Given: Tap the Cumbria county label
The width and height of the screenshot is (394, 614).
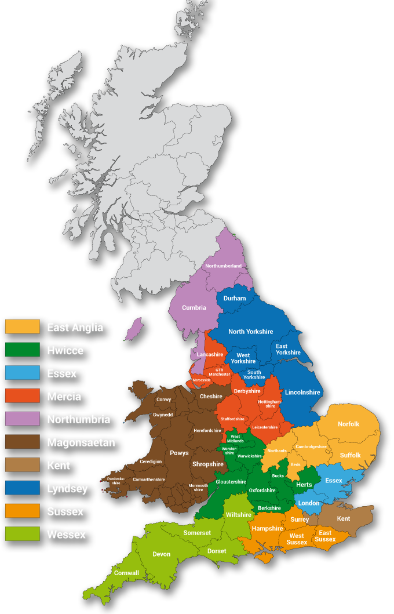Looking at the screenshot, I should click(x=194, y=308).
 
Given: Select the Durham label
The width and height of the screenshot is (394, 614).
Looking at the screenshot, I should click(x=235, y=298).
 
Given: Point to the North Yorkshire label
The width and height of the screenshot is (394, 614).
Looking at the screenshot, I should click(x=250, y=332).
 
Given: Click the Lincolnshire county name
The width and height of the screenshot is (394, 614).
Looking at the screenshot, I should click(x=302, y=393).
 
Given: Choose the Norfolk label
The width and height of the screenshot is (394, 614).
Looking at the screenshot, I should click(x=348, y=424).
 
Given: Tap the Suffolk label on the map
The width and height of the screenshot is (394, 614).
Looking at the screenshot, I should click(x=351, y=455).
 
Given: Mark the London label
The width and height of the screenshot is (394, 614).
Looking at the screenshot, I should click(x=309, y=503).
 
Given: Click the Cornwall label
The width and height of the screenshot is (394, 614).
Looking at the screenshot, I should click(x=126, y=573).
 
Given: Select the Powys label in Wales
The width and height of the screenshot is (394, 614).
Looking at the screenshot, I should click(x=179, y=453).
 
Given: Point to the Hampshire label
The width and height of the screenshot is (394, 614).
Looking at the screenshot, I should click(x=267, y=528).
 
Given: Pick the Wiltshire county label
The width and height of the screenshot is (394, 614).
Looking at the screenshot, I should click(x=239, y=514).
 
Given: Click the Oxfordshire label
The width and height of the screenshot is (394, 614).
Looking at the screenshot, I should click(x=262, y=490).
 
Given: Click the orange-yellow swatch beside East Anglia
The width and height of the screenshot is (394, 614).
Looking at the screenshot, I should click(x=23, y=327).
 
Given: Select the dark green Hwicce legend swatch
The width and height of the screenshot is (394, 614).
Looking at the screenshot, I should click(x=23, y=350).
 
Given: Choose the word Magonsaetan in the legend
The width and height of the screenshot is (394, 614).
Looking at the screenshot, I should click(x=81, y=442).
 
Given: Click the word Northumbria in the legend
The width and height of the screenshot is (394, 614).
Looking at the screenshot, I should click(x=78, y=419).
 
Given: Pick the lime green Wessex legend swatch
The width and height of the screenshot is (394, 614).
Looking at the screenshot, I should click(x=23, y=535).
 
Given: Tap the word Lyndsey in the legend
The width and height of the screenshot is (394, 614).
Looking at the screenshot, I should click(x=67, y=489).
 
